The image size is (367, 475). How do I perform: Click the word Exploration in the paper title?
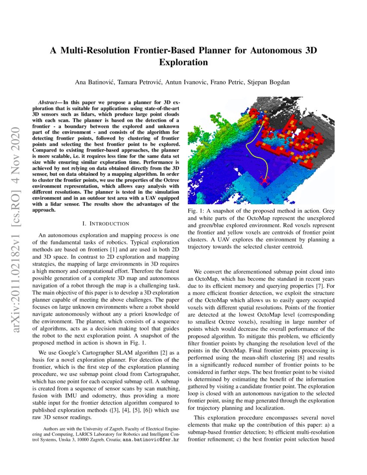[183, 63]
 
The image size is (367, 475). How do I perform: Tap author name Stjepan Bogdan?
[271, 82]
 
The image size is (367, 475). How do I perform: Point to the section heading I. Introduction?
[105, 224]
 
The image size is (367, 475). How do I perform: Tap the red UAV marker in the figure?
[264, 181]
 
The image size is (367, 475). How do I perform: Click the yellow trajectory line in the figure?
[248, 147]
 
